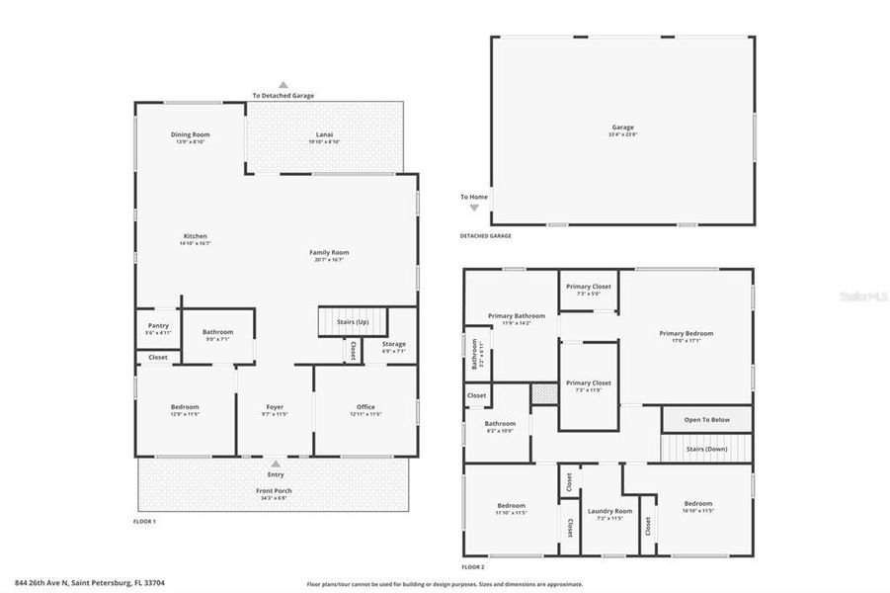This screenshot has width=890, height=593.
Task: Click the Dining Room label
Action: pyautogui.click(x=190, y=134)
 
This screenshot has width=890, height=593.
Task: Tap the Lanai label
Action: pyautogui.click(x=324, y=134)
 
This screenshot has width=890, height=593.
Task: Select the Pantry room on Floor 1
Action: pyautogui.click(x=157, y=326)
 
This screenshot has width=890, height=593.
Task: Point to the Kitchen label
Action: pyautogui.click(x=195, y=236)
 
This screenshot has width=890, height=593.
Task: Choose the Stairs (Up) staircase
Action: pyautogui.click(x=352, y=322)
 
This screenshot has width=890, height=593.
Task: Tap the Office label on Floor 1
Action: pyautogui.click(x=365, y=407)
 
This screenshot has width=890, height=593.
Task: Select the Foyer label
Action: pyautogui.click(x=275, y=407)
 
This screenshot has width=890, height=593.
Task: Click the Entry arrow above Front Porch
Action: pyautogui.click(x=276, y=461)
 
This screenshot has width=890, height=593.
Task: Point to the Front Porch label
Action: pyautogui.click(x=275, y=490)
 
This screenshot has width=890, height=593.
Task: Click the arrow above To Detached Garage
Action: pyautogui.click(x=283, y=85)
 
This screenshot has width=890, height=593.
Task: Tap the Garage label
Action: pyautogui.click(x=622, y=128)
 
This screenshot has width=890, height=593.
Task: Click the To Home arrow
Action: pyautogui.click(x=474, y=208)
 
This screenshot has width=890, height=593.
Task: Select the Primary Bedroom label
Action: pyautogui.click(x=686, y=333)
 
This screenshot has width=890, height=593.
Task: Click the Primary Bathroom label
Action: pyautogui.click(x=510, y=316)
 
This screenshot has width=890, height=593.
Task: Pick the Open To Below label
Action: pyautogui.click(x=706, y=420)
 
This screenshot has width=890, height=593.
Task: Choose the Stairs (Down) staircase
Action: pyautogui.click(x=706, y=450)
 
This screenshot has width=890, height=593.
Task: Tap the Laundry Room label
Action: pyautogui.click(x=609, y=511)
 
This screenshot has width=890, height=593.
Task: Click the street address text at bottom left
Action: pyautogui.click(x=90, y=583)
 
